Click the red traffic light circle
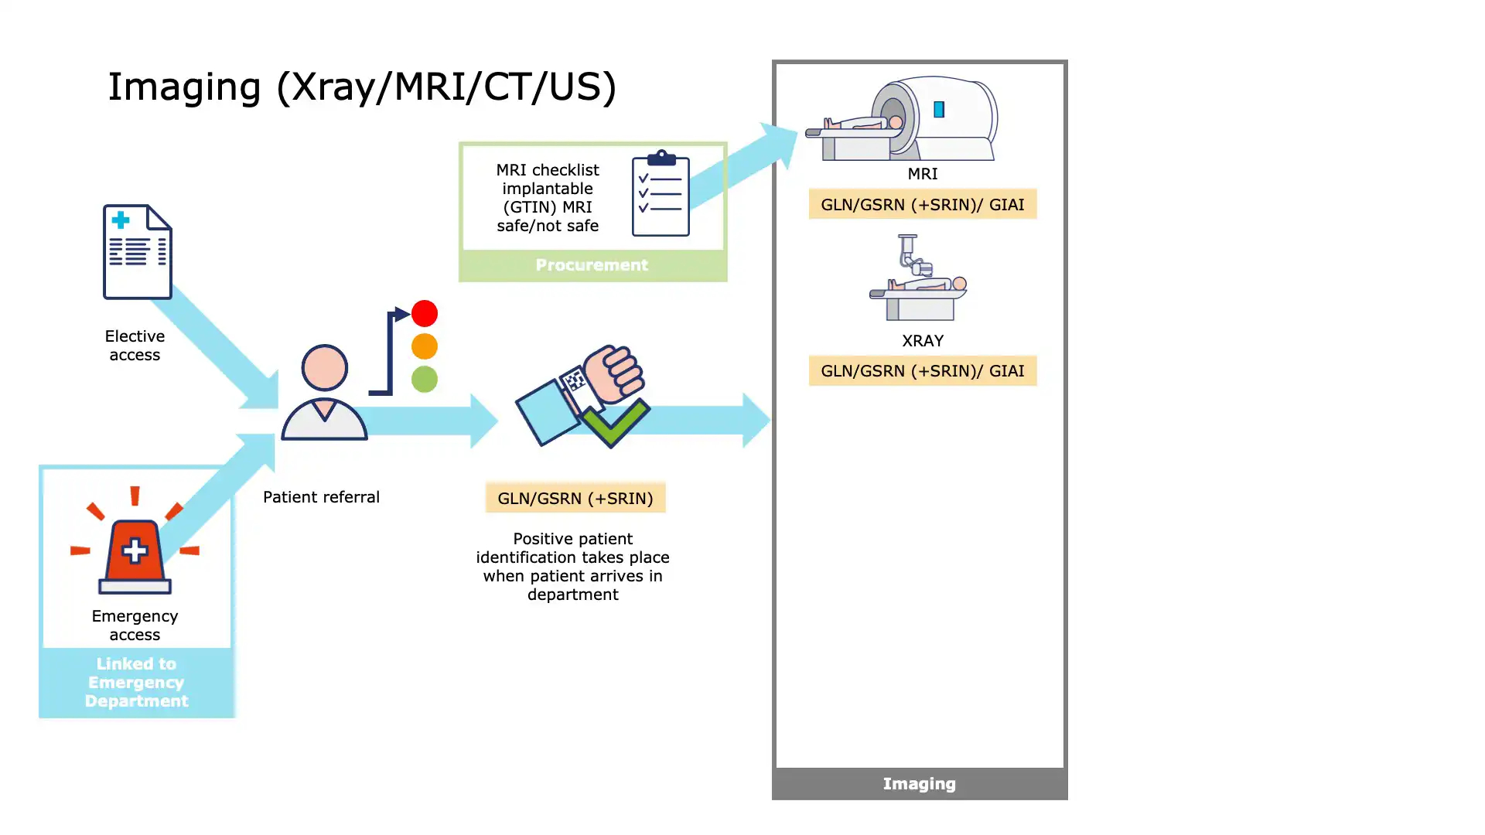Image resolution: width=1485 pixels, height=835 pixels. tap(424, 313)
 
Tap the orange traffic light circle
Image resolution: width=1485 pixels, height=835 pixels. tap(424, 346)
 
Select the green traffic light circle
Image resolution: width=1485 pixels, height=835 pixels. tap(424, 379)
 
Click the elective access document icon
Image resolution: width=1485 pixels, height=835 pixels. tap(138, 252)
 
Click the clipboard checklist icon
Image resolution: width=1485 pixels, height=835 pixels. tap(661, 194)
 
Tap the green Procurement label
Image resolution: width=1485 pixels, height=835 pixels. tap(592, 265)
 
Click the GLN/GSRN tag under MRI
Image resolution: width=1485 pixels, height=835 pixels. tap(922, 204)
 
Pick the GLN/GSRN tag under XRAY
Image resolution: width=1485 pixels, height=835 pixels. tap(922, 371)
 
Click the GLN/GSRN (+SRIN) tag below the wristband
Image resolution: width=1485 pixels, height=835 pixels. tap(575, 498)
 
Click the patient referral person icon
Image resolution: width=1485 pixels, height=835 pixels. tap(324, 394)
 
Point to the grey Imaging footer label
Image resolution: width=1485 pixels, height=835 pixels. tap(919, 784)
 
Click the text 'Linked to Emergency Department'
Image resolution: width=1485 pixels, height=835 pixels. tap(136, 683)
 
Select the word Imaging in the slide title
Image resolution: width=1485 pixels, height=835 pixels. tap(184, 87)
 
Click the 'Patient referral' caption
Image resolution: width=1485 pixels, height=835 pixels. tap(321, 497)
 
